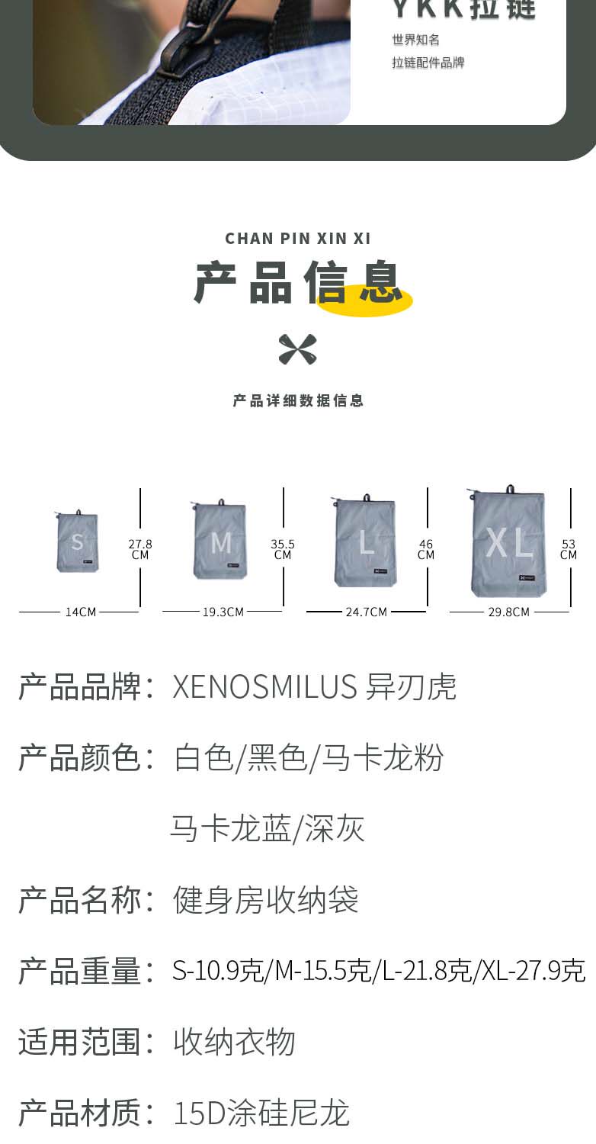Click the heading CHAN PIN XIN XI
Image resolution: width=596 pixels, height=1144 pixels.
tap(297, 239)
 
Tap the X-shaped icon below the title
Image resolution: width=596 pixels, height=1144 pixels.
tap(297, 349)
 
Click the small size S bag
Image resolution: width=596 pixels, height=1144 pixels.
tap(77, 542)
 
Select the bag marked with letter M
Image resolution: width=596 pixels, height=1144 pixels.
tap(219, 541)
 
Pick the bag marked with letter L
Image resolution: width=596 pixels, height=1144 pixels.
tap(365, 541)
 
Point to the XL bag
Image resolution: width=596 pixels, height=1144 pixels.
tap(508, 541)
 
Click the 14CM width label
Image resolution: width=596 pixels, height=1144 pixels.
tap(80, 612)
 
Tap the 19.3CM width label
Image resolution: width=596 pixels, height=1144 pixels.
tap(223, 612)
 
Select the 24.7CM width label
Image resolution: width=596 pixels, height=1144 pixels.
tap(366, 612)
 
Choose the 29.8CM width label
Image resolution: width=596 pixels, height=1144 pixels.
tap(508, 612)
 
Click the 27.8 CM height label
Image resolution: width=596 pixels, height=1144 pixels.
tap(140, 549)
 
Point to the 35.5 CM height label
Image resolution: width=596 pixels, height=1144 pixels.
tap(283, 549)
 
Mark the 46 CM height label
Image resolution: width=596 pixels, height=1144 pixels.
tap(426, 549)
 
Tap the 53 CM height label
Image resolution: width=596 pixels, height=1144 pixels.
tap(569, 549)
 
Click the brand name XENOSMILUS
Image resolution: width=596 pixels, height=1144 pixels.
tap(264, 687)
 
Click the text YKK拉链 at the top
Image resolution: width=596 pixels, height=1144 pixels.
tap(463, 9)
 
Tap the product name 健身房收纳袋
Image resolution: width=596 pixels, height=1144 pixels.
tap(265, 901)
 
